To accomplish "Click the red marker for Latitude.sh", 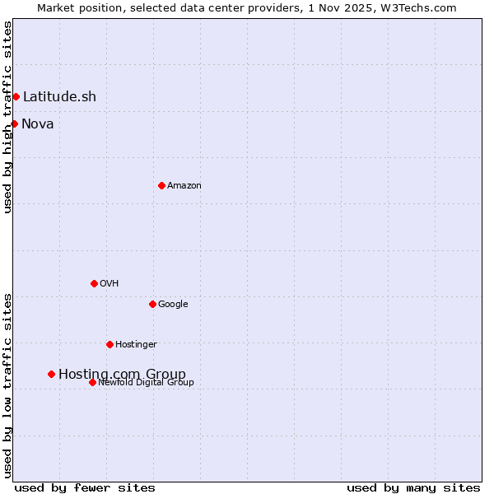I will [16, 97].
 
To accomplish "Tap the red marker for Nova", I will [14, 123].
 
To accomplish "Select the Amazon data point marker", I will [161, 185].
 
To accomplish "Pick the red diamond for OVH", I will [94, 283].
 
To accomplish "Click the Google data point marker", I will [152, 304].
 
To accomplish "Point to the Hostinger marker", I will [110, 344].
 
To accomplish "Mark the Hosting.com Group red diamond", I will [51, 374].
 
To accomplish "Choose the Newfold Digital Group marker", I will [92, 382].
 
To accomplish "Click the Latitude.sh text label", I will [59, 97].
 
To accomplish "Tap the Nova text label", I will [38, 124].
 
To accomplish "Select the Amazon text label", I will [184, 186].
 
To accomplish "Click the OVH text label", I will [110, 284].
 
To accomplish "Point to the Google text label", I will [173, 305].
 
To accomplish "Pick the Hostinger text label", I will [136, 345].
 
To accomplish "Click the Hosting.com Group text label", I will [122, 375].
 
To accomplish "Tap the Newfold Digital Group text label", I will [146, 383].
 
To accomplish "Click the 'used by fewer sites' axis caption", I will [85, 488].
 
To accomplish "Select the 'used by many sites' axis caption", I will [413, 488].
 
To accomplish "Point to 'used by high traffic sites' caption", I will [8, 117].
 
